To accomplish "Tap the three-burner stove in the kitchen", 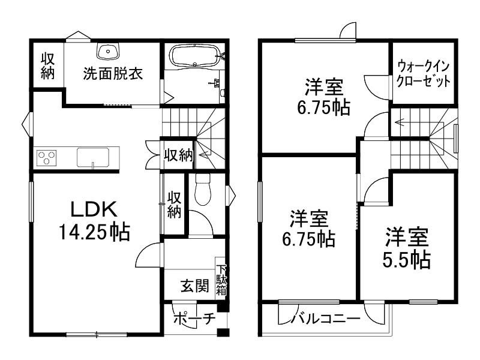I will pyautogui.click(x=46, y=158).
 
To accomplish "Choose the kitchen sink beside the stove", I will pyautogui.click(x=94, y=157).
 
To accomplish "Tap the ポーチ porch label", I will pyautogui.click(x=193, y=319).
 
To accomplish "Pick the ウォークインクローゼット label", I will pyautogui.click(x=422, y=74).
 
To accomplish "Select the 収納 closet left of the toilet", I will pyautogui.click(x=174, y=204).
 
